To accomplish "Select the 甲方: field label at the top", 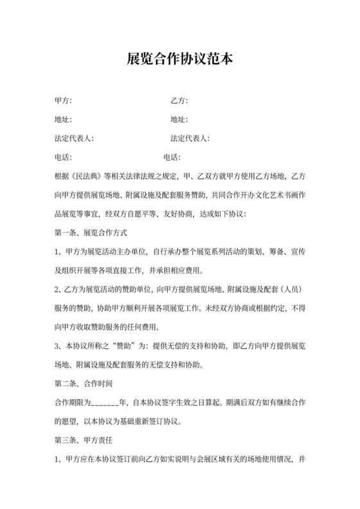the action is pos(64,101).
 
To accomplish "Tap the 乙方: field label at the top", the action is pos(179,101).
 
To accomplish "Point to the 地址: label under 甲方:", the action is pos(64,120).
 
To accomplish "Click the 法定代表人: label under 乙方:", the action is pos(190,138).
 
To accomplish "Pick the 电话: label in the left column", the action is pos(64,157).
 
